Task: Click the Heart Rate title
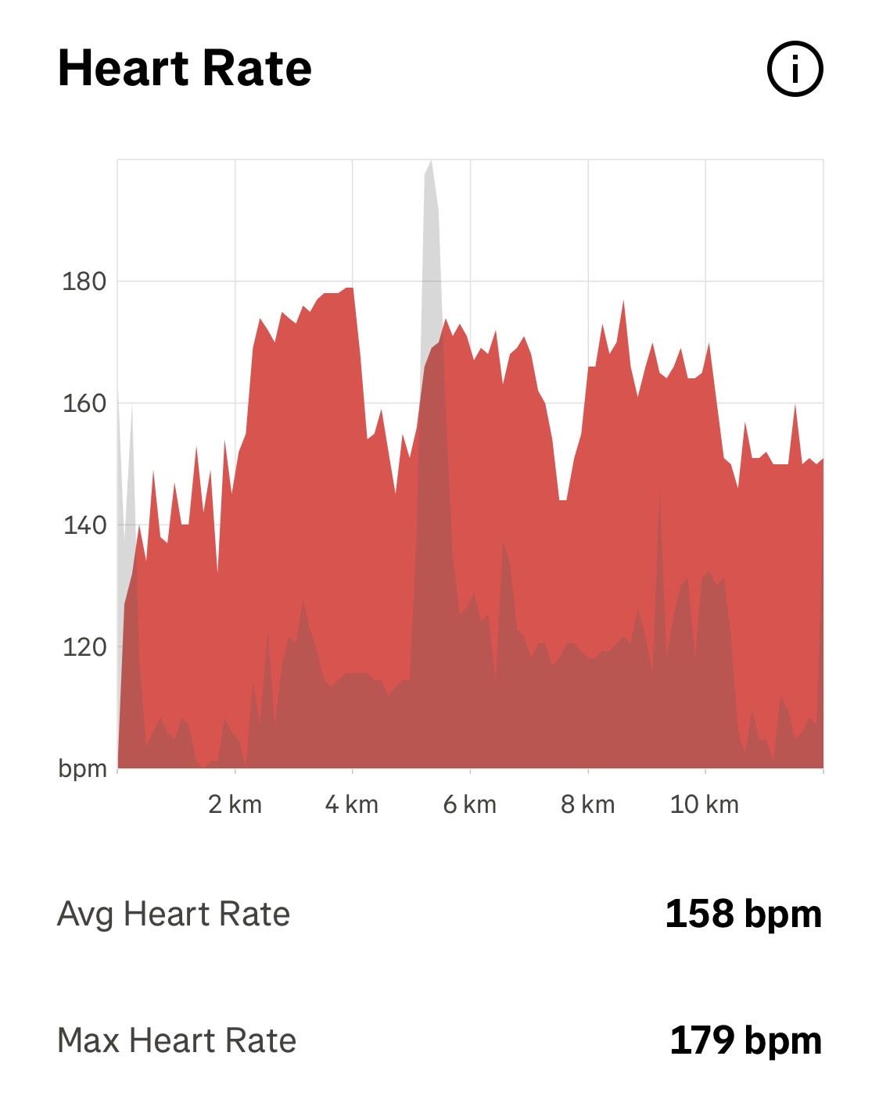pos(185,69)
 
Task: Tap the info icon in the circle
pos(795,70)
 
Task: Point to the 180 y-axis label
pos(84,281)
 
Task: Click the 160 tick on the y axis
pos(84,403)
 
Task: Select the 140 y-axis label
pos(84,525)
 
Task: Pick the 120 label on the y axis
pos(84,647)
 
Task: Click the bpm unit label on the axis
pos(82,769)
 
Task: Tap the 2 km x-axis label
pos(235,804)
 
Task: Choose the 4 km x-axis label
pos(352,804)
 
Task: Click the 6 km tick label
pos(469,804)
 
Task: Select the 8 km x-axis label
pos(587,804)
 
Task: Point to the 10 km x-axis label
pos(704,804)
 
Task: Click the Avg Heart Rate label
pos(174,914)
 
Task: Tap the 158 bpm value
pos(743,914)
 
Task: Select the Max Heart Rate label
pos(177,1040)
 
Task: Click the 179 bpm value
pos(745,1040)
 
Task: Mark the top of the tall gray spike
pos(429,163)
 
